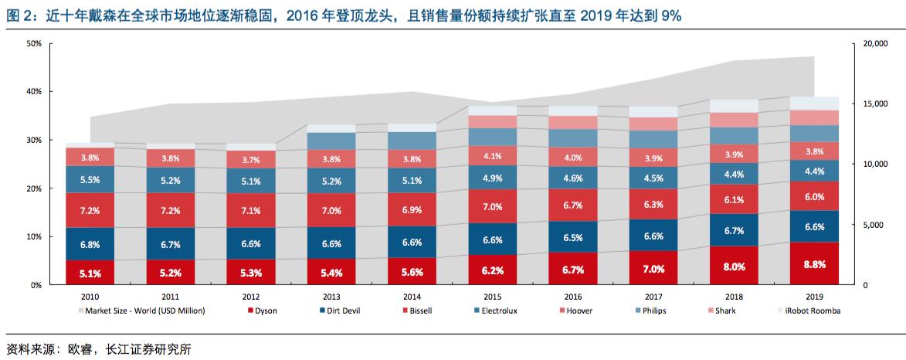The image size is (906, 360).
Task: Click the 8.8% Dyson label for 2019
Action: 814,263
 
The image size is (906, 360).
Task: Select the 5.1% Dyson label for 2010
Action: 90,272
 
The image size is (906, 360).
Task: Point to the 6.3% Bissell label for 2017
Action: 653,205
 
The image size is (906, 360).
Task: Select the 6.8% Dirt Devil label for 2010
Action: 90,244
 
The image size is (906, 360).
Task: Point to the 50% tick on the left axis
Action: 33,43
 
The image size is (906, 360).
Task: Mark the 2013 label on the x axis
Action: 331,297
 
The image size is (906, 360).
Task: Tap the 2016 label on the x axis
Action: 572,297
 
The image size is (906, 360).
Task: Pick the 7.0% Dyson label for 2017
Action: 653,269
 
